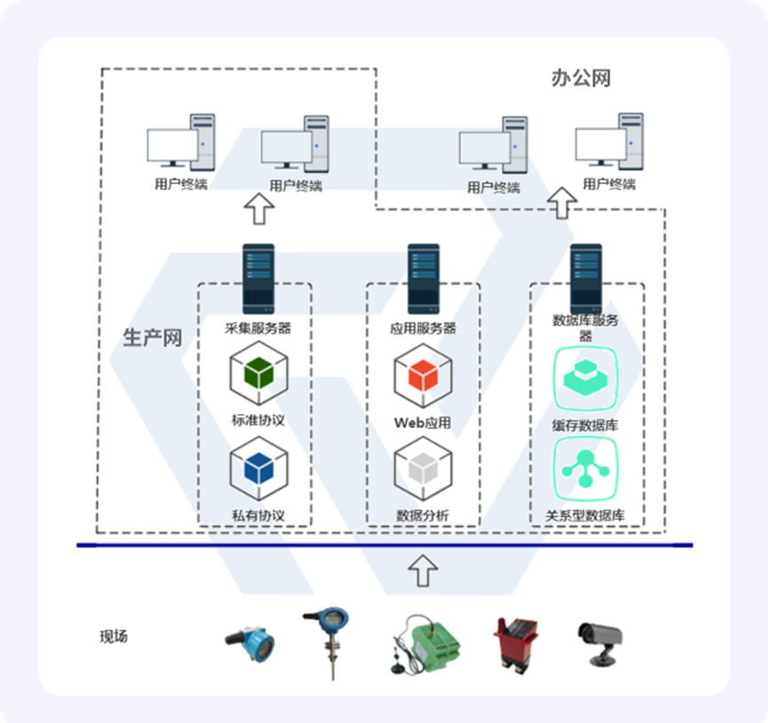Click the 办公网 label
point(581,78)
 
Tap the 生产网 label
point(152,338)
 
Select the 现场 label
point(114,636)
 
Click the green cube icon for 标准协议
point(258,374)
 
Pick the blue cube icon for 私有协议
point(258,469)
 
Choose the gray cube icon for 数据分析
point(424,469)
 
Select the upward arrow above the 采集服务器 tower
point(259,211)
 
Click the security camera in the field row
point(599,640)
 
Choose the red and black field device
point(516,641)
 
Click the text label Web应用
point(423,423)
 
